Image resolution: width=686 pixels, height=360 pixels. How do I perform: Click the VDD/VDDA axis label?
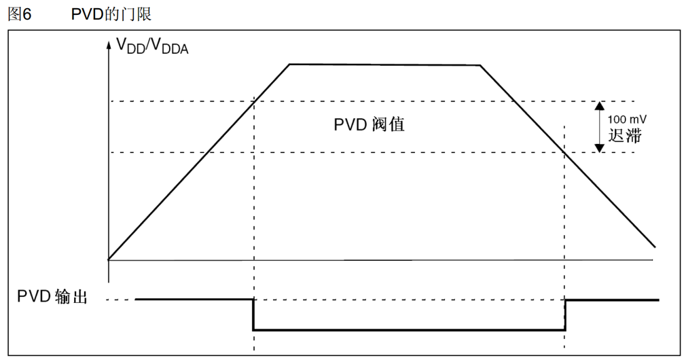click(x=152, y=46)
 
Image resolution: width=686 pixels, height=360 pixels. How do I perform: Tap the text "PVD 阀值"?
click(x=369, y=125)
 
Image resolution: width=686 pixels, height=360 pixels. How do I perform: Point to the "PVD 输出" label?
click(x=52, y=297)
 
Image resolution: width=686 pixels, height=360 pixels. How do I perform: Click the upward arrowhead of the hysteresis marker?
click(x=599, y=106)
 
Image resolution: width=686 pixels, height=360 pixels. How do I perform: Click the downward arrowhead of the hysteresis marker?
click(x=599, y=147)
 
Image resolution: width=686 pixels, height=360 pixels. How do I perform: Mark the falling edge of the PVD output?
click(x=253, y=314)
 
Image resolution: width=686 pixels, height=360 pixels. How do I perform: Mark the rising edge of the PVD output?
click(x=565, y=314)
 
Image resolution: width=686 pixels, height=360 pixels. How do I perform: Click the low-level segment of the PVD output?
click(x=408, y=330)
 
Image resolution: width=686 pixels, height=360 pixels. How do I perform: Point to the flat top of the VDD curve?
click(x=384, y=65)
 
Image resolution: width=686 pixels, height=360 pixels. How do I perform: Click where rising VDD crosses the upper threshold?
click(x=253, y=101)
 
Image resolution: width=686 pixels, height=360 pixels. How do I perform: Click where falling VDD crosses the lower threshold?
click(x=565, y=152)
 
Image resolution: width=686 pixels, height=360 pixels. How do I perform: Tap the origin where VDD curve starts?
click(x=109, y=259)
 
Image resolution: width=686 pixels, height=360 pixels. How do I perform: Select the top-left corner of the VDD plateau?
click(x=290, y=65)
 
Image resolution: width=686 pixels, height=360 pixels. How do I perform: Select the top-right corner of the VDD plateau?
click(x=480, y=65)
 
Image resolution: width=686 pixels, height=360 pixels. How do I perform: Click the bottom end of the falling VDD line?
click(x=655, y=247)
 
